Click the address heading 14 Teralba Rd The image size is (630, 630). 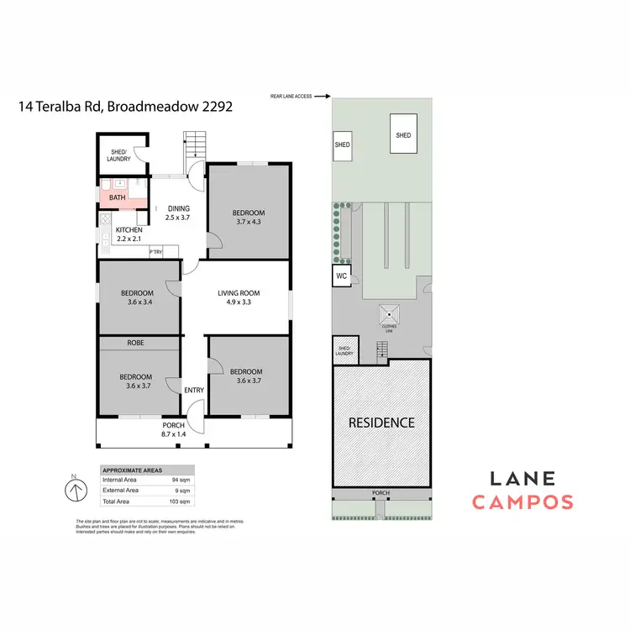pos(125,107)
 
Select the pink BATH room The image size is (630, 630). pos(117,198)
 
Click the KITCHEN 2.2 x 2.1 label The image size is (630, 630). pos(129,234)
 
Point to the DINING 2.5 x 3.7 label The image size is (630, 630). pos(178,213)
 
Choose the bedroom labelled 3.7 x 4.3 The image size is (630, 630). pos(249,218)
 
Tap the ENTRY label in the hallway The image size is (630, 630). pos(194,390)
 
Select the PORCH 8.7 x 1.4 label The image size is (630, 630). pos(173,430)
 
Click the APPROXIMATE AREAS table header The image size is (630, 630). pos(133,471)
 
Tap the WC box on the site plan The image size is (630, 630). pos(342,276)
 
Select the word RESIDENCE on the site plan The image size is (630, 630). pos(382,423)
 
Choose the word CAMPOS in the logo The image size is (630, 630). pos(522,503)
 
